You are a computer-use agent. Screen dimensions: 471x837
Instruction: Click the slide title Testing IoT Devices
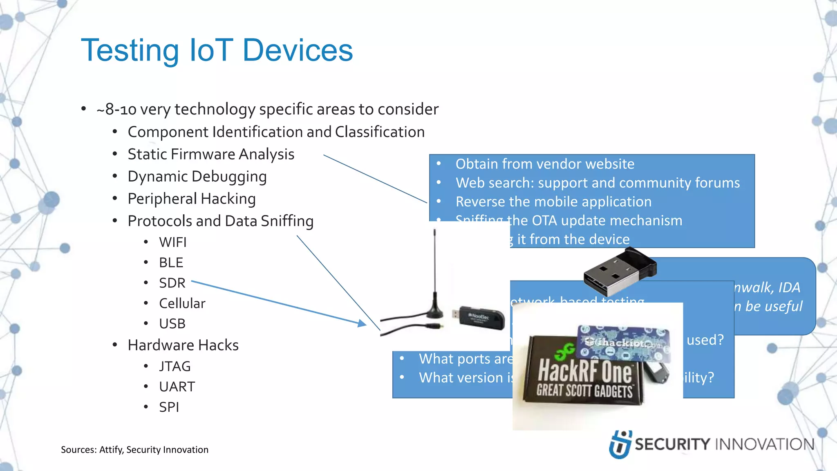coord(217,50)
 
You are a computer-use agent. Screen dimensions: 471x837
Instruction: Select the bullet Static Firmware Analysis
coord(210,155)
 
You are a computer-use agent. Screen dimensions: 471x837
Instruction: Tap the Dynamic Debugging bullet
coord(197,177)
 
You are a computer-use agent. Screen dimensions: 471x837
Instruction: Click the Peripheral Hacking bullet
coord(191,199)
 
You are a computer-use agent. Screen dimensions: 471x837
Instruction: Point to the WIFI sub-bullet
coord(172,242)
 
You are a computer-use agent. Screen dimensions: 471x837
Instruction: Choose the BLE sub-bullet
coord(171,263)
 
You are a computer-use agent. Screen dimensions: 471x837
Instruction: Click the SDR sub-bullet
coord(172,283)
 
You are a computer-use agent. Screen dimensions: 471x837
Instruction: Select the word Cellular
coord(182,303)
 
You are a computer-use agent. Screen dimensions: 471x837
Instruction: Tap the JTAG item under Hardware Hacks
coord(175,366)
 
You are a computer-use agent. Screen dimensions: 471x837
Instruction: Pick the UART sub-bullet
coord(177,387)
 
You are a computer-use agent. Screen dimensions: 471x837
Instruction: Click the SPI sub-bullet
coord(169,407)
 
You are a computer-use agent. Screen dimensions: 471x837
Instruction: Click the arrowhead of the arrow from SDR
coord(362,323)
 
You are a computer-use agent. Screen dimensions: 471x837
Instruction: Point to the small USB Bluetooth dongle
coord(619,272)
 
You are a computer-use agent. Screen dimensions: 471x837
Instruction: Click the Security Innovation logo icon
coord(620,444)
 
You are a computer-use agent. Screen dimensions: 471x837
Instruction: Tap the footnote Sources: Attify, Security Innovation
coord(134,450)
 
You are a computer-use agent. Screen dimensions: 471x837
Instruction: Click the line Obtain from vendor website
coord(544,164)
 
